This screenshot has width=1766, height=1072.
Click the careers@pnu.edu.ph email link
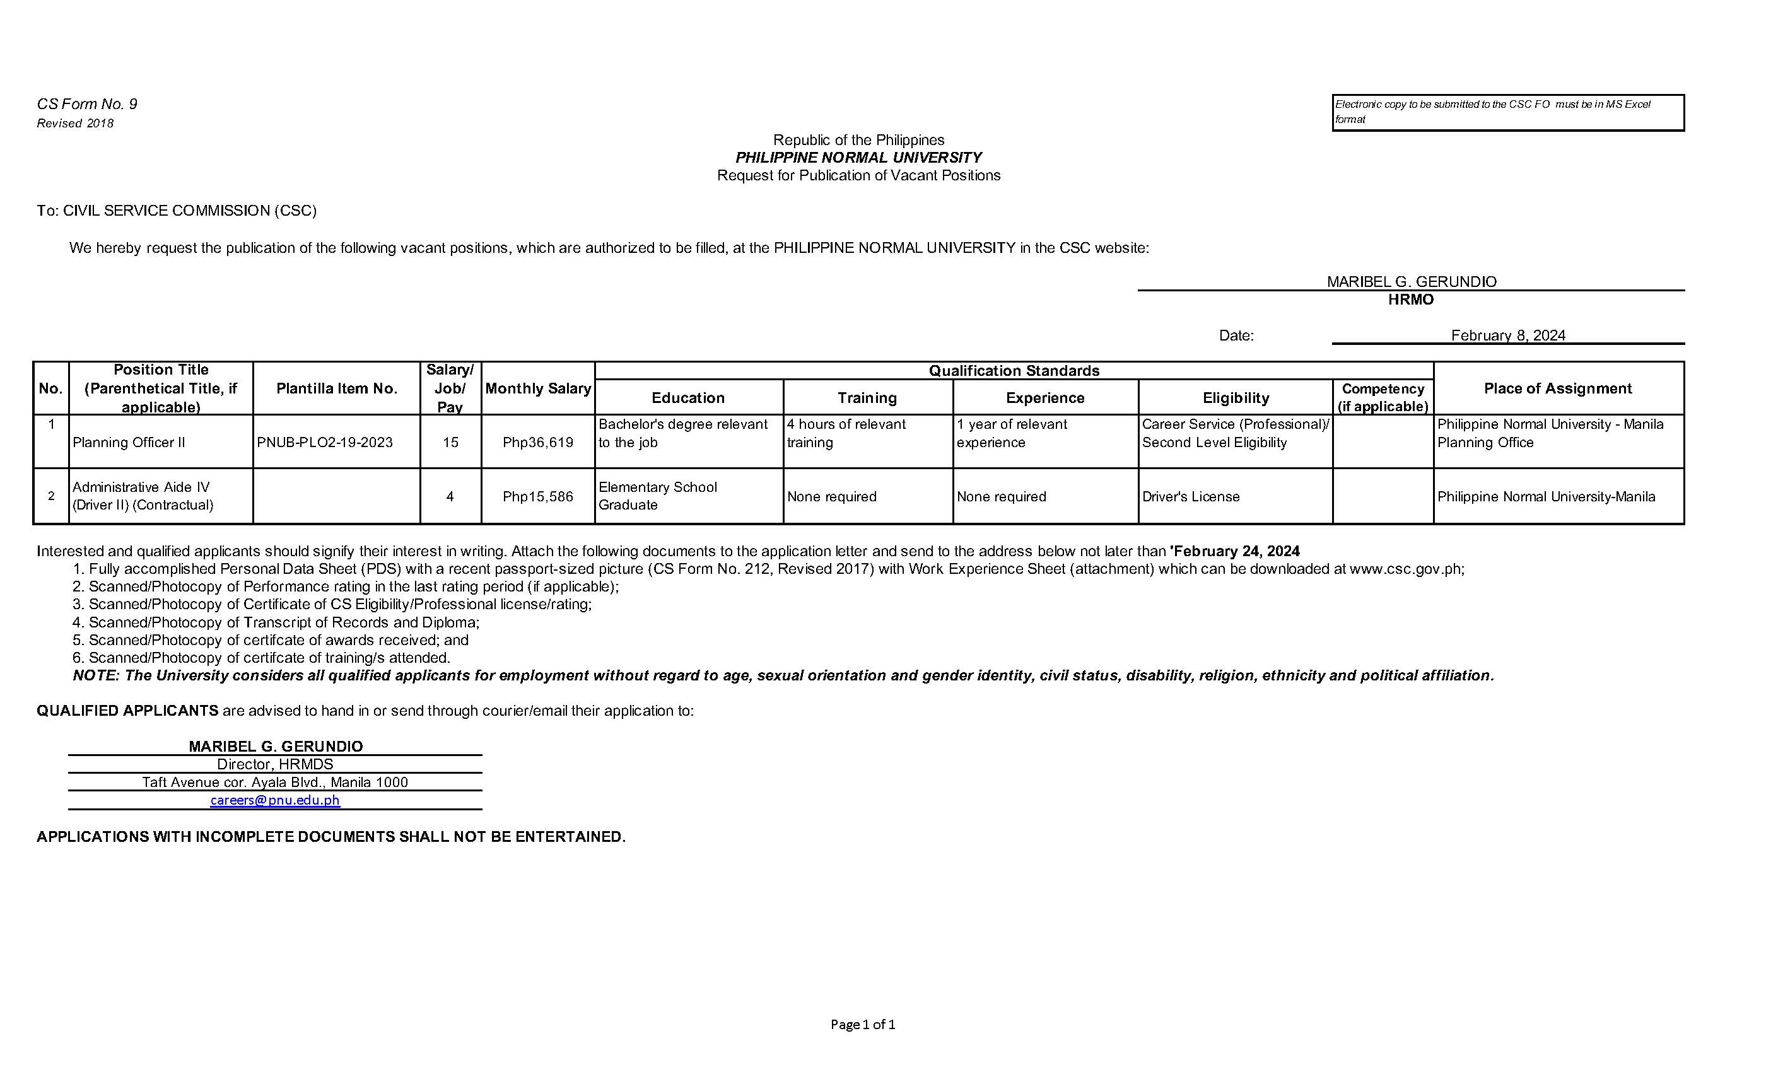tap(274, 800)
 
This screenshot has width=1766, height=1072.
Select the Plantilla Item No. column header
tap(336, 388)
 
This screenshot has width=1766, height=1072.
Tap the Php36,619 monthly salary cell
tap(537, 442)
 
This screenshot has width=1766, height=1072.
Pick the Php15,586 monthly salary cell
tap(537, 497)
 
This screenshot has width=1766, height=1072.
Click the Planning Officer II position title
tap(129, 442)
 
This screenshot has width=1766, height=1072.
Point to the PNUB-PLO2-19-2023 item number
tap(325, 442)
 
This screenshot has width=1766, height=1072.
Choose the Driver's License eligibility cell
tap(1191, 497)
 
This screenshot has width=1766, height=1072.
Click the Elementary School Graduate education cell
tap(657, 496)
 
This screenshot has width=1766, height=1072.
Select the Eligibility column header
tap(1236, 398)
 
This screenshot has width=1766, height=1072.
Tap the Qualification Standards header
tap(1014, 371)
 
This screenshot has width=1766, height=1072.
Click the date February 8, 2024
tap(1508, 335)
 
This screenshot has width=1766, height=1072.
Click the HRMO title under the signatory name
tap(1410, 300)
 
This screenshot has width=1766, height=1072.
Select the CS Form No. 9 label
tap(87, 104)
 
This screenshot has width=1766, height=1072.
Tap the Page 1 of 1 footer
tap(863, 1024)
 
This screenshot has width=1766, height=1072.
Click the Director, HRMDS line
tap(274, 764)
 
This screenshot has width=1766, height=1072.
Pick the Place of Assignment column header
tap(1557, 388)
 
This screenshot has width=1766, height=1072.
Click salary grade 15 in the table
tap(450, 442)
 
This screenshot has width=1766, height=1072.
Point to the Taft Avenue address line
tap(274, 782)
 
